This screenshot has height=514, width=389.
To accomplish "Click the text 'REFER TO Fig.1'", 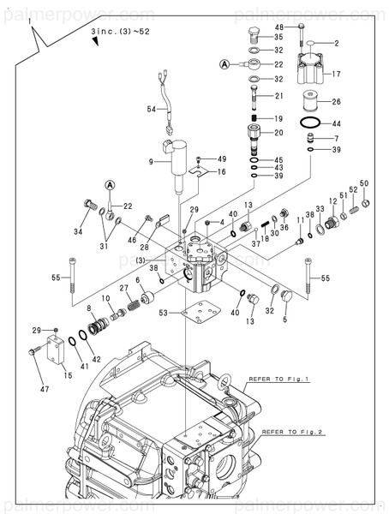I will click(x=278, y=378).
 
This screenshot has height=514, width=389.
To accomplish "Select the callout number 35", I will click(x=278, y=37).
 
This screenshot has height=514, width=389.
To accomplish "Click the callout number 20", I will click(x=278, y=132).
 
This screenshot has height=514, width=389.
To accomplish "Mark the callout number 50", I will click(x=364, y=183).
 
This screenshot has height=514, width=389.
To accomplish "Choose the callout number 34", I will click(x=78, y=231).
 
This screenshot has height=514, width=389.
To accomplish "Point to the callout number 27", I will click(x=123, y=288).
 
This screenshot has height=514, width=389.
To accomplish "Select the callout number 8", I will click(x=88, y=308).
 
